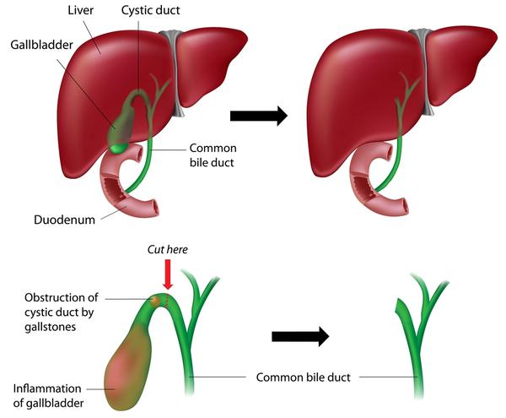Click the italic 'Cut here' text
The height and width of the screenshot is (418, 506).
[x=167, y=250]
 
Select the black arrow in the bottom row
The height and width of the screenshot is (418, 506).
[x=299, y=337]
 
